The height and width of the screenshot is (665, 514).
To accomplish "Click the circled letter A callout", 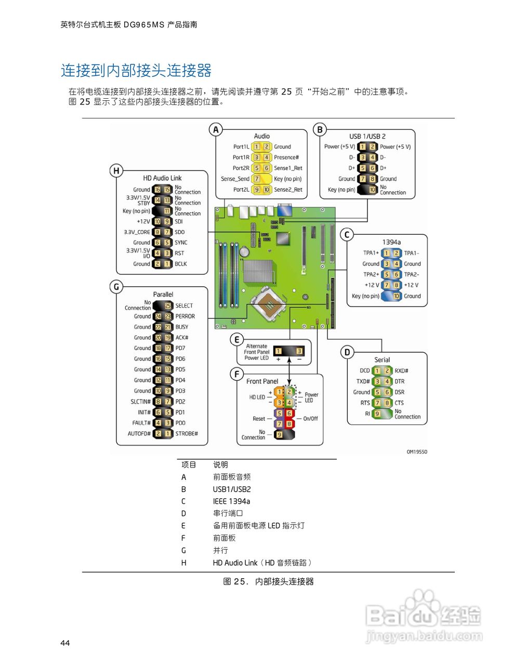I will (216, 129).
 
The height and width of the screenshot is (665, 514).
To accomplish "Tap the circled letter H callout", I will (116, 170).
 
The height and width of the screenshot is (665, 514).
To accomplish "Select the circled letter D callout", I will (347, 352).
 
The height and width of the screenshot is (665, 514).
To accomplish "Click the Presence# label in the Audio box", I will (286, 157).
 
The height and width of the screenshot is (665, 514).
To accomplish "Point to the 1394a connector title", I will (391, 242).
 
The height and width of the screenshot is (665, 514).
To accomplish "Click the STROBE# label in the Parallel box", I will (187, 434).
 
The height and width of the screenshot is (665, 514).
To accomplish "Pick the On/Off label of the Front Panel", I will (310, 419).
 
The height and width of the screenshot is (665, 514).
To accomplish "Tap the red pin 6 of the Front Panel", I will (289, 414).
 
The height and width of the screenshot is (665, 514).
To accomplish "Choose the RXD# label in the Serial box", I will (401, 371).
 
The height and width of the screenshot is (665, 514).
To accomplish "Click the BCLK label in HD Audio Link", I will (181, 264).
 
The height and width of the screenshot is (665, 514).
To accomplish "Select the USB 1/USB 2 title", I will (367, 136).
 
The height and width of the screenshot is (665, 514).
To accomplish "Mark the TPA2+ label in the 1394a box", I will (371, 274).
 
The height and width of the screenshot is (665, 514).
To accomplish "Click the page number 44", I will (65, 643).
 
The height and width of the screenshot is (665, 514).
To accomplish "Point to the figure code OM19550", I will (417, 452).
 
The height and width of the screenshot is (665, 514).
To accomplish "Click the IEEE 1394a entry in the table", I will (231, 501).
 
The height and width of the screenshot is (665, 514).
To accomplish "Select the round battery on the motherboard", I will (244, 251).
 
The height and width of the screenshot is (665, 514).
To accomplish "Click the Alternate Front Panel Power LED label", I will (256, 352).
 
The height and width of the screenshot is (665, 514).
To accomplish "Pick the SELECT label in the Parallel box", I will (184, 306).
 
